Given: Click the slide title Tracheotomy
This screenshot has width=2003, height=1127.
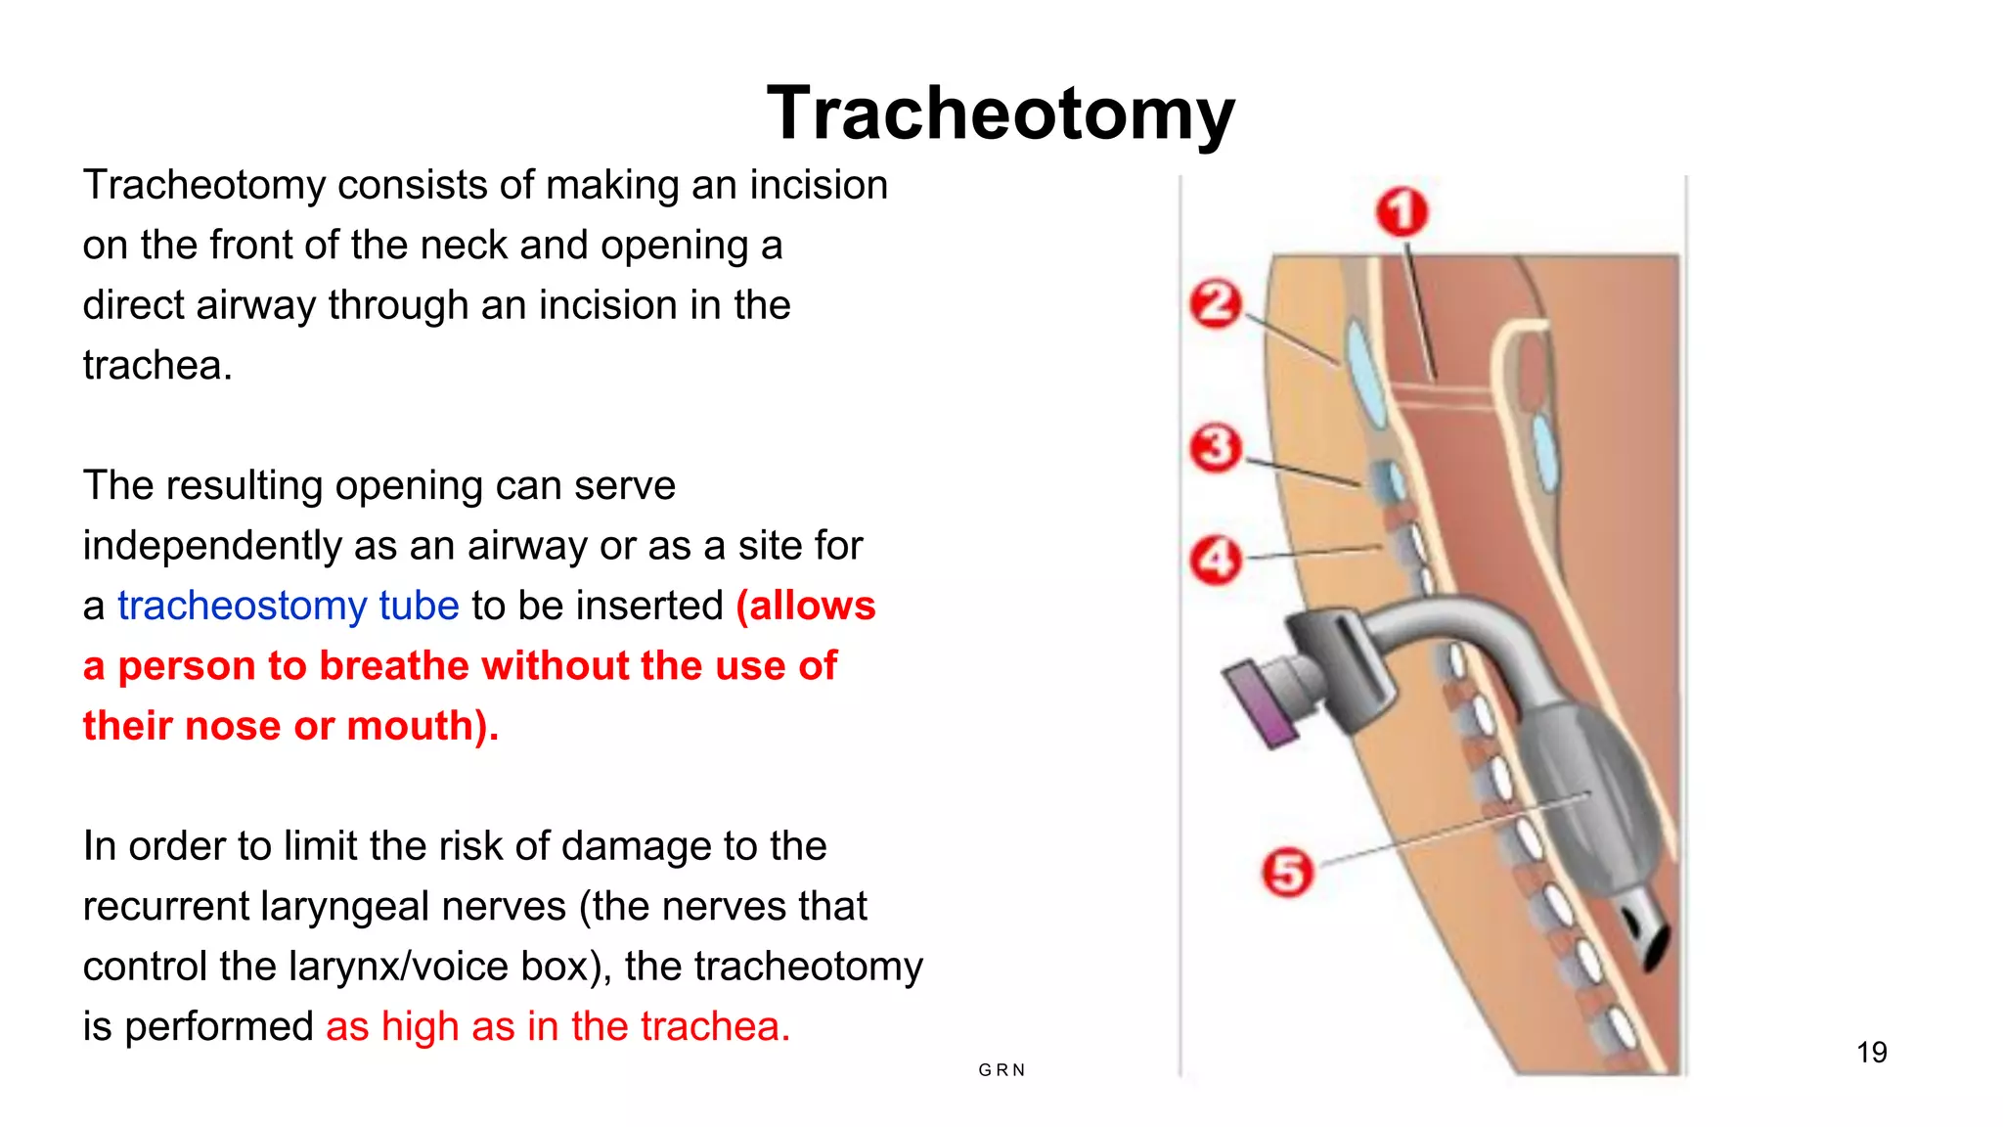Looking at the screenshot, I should [1001, 114].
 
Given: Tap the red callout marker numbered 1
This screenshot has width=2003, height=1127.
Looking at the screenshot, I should [1402, 211].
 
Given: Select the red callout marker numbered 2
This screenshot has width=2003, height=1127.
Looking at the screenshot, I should [1216, 303].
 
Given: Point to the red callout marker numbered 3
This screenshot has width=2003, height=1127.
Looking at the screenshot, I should [1215, 448].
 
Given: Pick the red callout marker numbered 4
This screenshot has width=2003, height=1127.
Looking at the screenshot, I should [1215, 560].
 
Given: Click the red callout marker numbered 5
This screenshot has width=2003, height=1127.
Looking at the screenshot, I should [1286, 872].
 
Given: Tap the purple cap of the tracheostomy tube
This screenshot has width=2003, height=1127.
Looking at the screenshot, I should [1262, 703].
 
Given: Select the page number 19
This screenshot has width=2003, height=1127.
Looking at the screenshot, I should [1871, 1053].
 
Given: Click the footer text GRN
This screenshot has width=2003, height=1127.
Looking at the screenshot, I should [1001, 1070].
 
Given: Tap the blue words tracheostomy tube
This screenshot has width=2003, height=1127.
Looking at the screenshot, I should [289, 606].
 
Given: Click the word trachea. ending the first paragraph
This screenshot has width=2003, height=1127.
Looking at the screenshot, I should [157, 366].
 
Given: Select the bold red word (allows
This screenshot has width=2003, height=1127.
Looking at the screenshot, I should [806, 606].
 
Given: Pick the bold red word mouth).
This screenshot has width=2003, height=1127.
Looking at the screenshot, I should [423, 726].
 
